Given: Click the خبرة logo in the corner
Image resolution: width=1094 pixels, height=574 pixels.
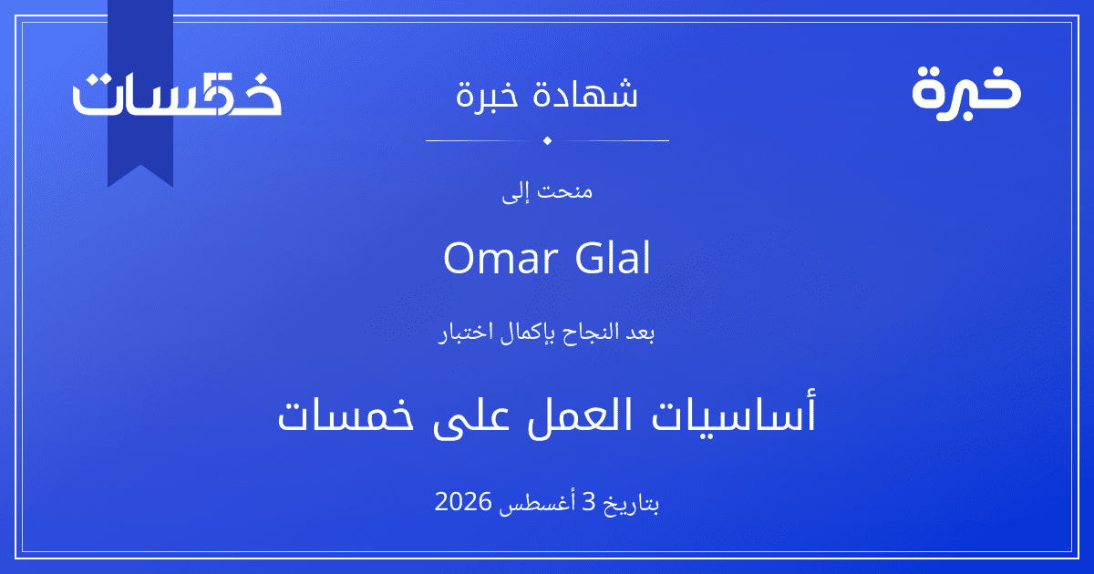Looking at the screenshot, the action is coord(966,93).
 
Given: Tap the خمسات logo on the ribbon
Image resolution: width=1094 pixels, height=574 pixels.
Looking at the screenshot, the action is coord(177,94).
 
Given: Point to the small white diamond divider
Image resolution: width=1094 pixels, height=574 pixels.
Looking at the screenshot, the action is coord(547,140).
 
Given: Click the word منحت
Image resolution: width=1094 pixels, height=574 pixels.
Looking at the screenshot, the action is coord(565,190).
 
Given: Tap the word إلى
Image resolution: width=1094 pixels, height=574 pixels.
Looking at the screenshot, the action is coord(515,193).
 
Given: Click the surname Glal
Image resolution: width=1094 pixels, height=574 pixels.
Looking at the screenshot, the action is coord(613,257).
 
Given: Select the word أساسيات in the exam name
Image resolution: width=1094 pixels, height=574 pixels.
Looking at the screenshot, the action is coord(734,414).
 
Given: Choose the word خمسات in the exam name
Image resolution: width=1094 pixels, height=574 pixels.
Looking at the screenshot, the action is coord(346,415).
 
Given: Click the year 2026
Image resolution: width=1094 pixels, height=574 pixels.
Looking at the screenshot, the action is coord(462,502).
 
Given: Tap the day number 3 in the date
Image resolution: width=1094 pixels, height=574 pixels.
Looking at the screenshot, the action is coord(590,502).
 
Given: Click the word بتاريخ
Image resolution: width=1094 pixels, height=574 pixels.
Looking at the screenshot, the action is coord(631,504).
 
